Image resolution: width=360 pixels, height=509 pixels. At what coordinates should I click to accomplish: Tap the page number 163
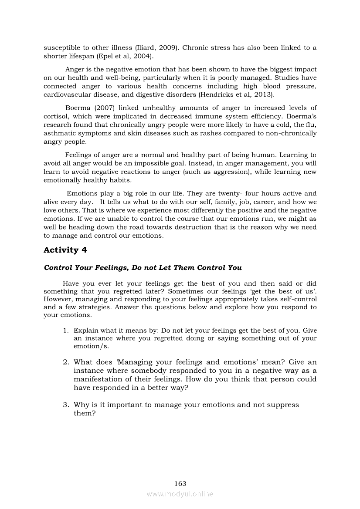[180, 483]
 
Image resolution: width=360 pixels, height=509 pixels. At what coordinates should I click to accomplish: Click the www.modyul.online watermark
[180, 494]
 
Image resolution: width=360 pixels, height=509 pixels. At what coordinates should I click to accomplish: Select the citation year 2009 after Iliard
[167, 47]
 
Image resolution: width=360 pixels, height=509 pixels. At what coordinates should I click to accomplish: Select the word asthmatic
[60, 133]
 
